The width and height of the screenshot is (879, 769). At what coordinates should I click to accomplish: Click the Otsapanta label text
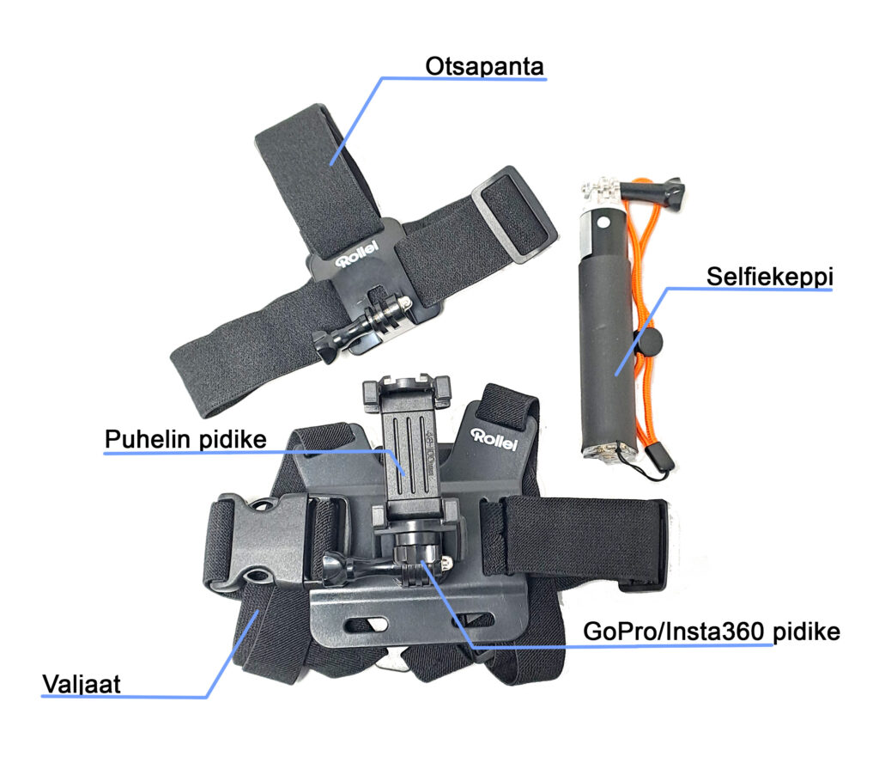484,66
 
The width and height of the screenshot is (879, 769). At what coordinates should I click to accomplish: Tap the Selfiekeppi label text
770,277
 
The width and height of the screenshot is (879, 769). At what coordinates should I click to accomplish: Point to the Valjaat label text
82,684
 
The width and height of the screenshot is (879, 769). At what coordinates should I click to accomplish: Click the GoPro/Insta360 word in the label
673,632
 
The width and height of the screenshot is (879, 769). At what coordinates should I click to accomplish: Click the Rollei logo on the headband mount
357,254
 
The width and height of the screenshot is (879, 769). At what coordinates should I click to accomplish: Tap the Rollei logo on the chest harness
494,440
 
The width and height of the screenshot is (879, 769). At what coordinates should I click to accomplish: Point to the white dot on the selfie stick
603,222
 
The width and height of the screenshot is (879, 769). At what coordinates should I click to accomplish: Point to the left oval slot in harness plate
367,624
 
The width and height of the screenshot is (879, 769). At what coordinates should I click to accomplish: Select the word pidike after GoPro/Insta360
807,632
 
